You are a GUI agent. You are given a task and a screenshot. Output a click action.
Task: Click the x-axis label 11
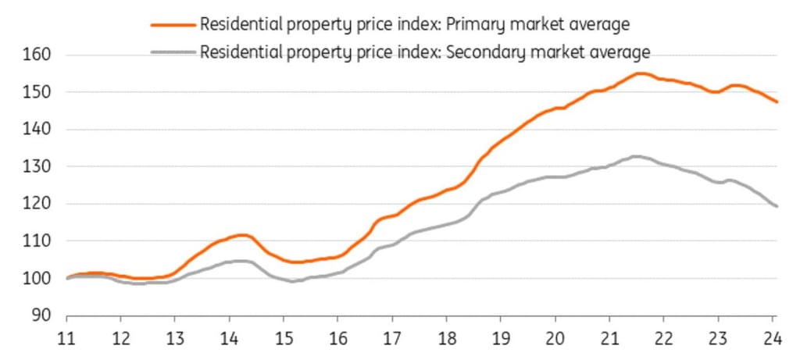[x=67, y=340]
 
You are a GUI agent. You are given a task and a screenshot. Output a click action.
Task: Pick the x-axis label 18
[x=446, y=340]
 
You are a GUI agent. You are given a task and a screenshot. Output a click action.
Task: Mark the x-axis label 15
[x=284, y=340]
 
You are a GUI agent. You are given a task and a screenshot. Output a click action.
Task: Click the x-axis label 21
[x=609, y=340]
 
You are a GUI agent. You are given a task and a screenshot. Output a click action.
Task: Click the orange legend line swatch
[x=173, y=24]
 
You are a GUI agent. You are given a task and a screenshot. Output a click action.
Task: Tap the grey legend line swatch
[x=173, y=52]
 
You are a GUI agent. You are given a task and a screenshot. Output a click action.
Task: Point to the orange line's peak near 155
[x=639, y=73]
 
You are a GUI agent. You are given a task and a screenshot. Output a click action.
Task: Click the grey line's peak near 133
[x=636, y=156]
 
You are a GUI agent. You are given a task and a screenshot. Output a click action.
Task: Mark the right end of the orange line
[x=777, y=102]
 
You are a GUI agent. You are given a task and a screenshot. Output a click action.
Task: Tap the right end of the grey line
[x=777, y=206]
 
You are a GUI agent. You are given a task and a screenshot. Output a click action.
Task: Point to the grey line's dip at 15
[x=291, y=281]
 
